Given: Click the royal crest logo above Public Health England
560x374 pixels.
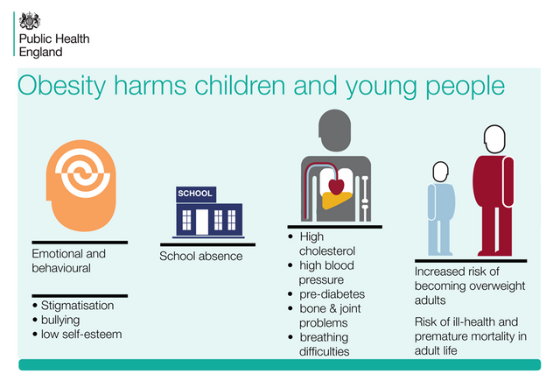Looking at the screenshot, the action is pyautogui.click(x=30, y=21).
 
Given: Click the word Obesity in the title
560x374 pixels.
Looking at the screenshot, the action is pyautogui.click(x=61, y=87).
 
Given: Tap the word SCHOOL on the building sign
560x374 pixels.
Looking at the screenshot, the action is pyautogui.click(x=195, y=194).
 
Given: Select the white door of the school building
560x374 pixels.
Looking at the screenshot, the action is pyautogui.click(x=202, y=222).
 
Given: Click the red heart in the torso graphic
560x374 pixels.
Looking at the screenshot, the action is pyautogui.click(x=336, y=187).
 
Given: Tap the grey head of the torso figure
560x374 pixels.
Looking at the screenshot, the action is pyautogui.click(x=334, y=131).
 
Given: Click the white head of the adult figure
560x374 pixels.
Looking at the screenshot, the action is pyautogui.click(x=494, y=139).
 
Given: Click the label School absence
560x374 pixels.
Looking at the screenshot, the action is pyautogui.click(x=201, y=256).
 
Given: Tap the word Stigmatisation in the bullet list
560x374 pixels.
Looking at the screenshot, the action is pyautogui.click(x=78, y=306).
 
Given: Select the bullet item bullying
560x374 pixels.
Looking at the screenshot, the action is pyautogui.click(x=60, y=320).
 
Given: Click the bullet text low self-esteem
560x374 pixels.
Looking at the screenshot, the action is pyautogui.click(x=81, y=335).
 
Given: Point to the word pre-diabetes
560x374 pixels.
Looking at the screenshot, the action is pyautogui.click(x=332, y=294).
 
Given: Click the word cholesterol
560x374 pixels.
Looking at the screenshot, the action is pyautogui.click(x=327, y=251).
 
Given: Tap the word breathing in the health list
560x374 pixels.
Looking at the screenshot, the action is pyautogui.click(x=324, y=337).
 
